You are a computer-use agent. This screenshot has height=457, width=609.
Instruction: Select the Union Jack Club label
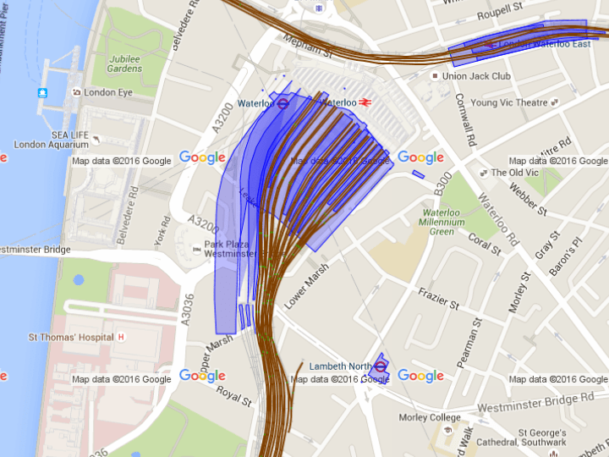(x=477, y=76)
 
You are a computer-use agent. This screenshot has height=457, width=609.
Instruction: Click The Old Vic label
(x=515, y=173)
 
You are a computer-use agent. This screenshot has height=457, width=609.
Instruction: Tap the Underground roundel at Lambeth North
(x=381, y=366)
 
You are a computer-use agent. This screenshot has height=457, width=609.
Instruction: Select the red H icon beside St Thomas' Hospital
(x=121, y=337)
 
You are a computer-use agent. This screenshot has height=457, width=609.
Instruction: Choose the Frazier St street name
(x=438, y=298)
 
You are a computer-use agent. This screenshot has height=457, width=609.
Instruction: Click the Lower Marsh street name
(x=305, y=286)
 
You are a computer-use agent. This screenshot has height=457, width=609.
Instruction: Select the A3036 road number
(x=189, y=308)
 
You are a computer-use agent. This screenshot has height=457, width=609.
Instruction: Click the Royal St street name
(x=234, y=395)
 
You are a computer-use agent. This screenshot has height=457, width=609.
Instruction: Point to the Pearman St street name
(x=472, y=343)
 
